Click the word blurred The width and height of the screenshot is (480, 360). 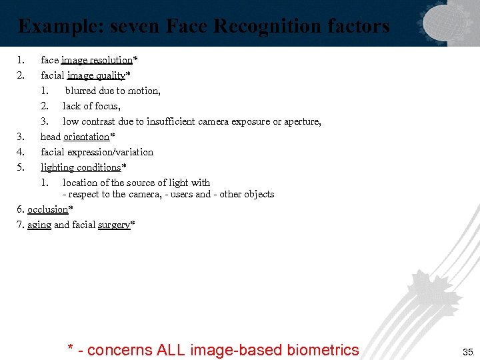[x=81, y=91]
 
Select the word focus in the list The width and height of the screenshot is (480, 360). [x=105, y=106]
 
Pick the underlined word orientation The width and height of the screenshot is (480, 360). [x=86, y=137]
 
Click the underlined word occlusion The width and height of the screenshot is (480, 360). [x=48, y=209]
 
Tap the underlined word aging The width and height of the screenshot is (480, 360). [x=39, y=225]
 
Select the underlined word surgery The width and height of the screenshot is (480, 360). [x=114, y=225]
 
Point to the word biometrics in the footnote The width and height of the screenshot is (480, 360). [x=323, y=349]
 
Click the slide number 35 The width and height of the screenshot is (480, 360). [x=467, y=351]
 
